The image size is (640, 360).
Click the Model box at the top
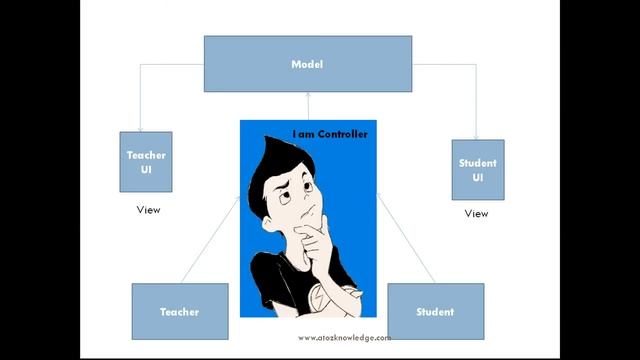[x=307, y=64]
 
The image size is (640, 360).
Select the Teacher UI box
[x=146, y=161]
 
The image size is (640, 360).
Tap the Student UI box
[x=477, y=170]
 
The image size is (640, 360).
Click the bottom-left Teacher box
[x=179, y=311]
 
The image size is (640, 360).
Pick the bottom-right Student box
[x=435, y=311]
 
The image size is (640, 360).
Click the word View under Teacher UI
[x=148, y=210]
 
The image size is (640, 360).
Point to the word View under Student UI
[x=476, y=213]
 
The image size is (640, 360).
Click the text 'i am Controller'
[x=329, y=134]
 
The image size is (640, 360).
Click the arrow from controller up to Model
[x=307, y=106]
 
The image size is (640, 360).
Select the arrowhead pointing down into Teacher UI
[x=140, y=127]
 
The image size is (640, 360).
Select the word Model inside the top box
[x=307, y=64]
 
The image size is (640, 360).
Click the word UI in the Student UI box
[x=477, y=178]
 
